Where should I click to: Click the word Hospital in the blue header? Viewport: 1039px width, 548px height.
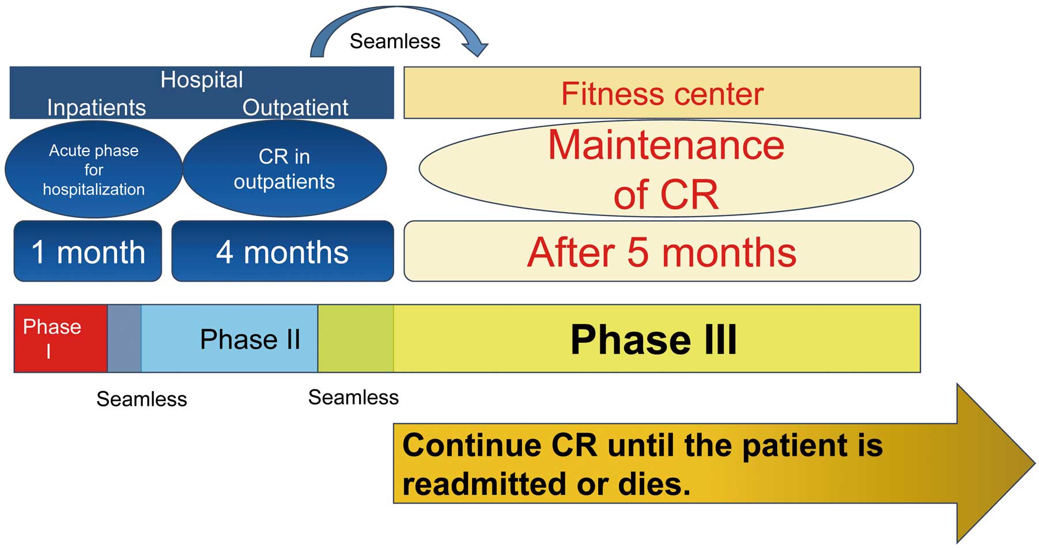tap(202, 80)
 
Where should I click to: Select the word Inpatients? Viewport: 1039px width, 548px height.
tap(96, 107)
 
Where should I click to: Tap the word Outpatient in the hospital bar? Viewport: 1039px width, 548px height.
tap(295, 107)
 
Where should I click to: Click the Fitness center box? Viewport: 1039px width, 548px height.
tap(662, 93)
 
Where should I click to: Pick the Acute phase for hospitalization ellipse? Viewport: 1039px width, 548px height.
tap(93, 169)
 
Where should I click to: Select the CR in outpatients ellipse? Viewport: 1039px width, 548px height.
tap(285, 169)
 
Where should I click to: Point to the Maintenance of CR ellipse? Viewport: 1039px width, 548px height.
tap(666, 169)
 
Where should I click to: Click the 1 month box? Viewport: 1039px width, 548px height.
tap(88, 251)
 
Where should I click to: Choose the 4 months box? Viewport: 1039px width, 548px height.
tap(282, 251)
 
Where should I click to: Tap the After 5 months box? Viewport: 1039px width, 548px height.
tap(662, 251)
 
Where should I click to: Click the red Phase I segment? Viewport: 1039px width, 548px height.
tap(61, 338)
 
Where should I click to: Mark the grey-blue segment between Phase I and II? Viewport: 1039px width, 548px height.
tap(124, 338)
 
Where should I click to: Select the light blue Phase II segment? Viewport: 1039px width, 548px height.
tap(229, 338)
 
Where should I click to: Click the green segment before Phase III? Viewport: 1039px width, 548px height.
tap(356, 338)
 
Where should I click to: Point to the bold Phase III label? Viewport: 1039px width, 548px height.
tap(653, 339)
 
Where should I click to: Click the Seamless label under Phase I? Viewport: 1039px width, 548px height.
tap(142, 399)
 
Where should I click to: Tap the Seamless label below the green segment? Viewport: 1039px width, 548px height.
tap(353, 397)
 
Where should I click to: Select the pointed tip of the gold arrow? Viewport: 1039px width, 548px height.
tap(1035, 463)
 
